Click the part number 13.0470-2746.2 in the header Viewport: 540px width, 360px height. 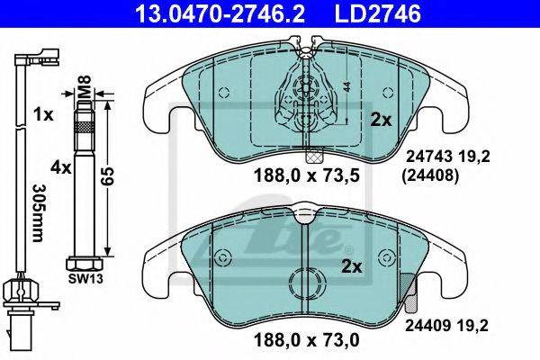coord(220,13)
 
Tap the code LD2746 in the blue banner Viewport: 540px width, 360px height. coord(378,13)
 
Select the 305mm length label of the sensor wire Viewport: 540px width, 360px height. coord(40,212)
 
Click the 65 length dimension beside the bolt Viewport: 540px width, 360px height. coord(108,176)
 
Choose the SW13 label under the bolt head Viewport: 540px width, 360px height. coord(85,278)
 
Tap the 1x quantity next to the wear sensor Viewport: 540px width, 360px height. coord(44,114)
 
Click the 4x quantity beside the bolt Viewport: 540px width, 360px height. coord(60,167)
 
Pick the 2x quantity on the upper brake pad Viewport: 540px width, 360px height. coord(381,121)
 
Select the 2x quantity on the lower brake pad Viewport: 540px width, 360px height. coord(352,266)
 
